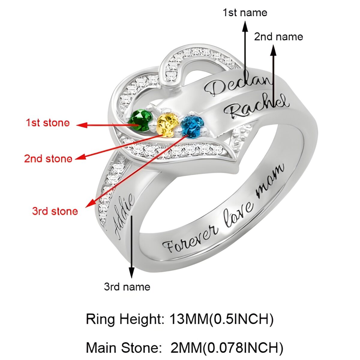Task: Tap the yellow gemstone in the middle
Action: (167, 124)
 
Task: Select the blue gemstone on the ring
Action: (192, 126)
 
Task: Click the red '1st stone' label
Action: (48, 123)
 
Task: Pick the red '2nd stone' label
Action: (48, 158)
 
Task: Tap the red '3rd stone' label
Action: (55, 211)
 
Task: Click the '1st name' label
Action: (244, 13)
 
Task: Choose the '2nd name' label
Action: (278, 37)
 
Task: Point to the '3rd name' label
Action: (127, 287)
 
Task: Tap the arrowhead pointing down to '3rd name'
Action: (131, 273)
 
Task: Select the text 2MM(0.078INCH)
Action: (227, 348)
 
